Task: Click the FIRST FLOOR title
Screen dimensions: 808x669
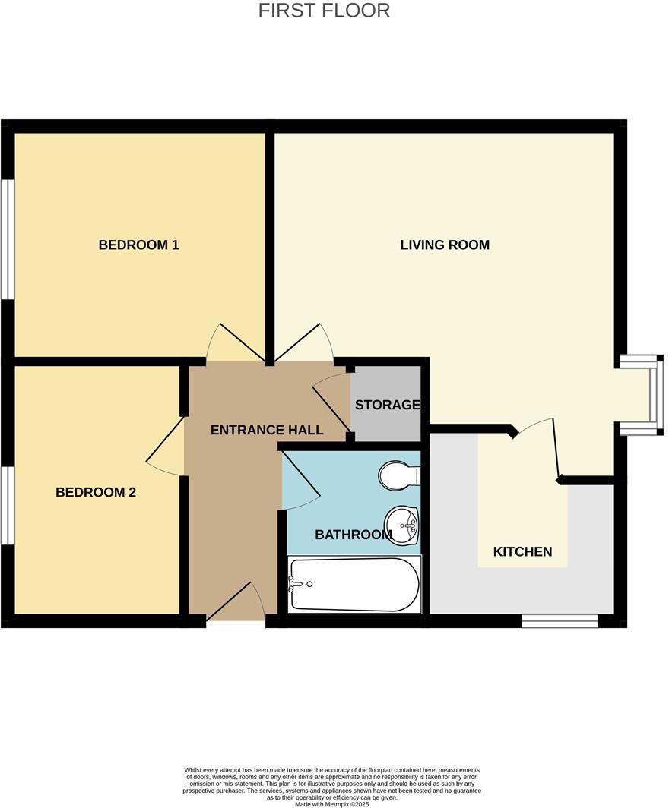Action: coord(324,11)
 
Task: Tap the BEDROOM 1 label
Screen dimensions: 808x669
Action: coord(138,245)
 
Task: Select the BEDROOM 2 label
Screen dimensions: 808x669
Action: coord(96,492)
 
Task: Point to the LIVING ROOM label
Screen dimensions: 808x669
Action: coord(445,245)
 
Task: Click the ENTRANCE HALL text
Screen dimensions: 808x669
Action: coord(266,430)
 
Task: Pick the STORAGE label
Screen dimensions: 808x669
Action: coord(387,405)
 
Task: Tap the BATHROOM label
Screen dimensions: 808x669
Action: coord(353,535)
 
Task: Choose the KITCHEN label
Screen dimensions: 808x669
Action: coord(522,551)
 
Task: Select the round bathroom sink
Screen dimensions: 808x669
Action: coord(401,525)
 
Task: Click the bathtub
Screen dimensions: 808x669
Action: coord(354,585)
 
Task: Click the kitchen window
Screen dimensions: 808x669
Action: coord(559,621)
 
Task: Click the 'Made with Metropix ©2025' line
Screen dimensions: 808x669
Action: coord(331,803)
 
